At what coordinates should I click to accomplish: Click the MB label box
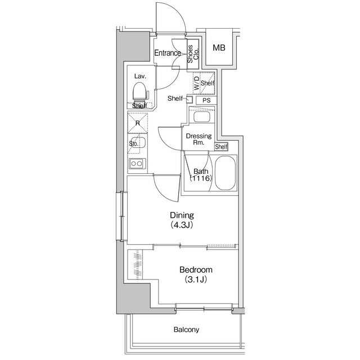point(219,47)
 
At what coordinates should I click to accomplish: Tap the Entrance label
point(168,53)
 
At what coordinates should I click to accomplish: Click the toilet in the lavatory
point(139,91)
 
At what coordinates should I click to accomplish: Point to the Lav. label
point(140,76)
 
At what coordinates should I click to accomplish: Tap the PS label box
point(206,100)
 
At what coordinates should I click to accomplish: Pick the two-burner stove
point(137,164)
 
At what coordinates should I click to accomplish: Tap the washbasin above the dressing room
point(200,117)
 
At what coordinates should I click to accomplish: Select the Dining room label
point(182,215)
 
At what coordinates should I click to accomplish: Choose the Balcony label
point(186,330)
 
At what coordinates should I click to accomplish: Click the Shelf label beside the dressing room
point(222,147)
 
